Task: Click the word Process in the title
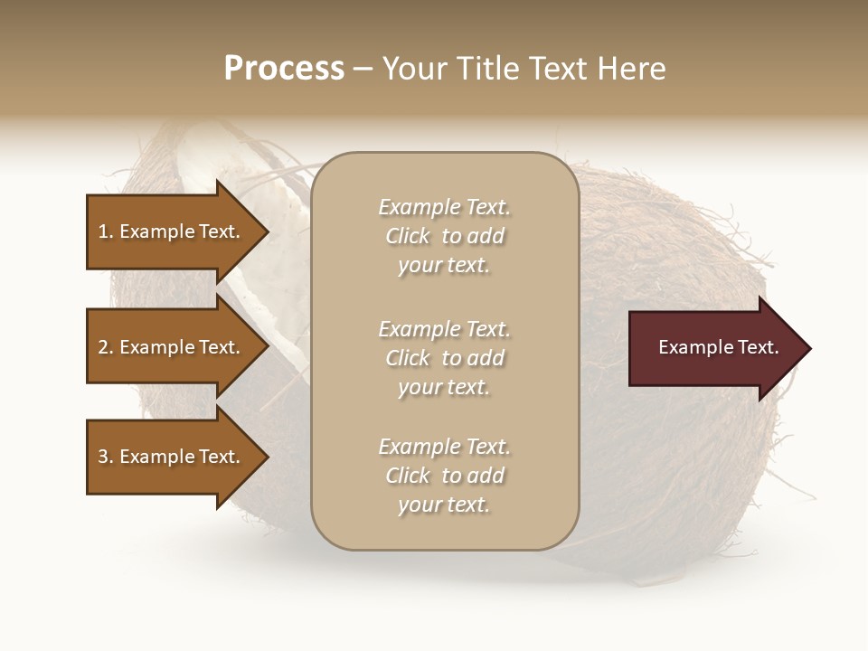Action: (x=284, y=69)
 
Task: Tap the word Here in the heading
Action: (x=629, y=69)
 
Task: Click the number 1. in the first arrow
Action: (x=106, y=231)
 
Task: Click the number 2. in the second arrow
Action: (x=106, y=347)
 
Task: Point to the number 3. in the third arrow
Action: (x=106, y=457)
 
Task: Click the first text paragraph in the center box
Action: (x=444, y=236)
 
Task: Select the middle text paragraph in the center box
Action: (x=444, y=358)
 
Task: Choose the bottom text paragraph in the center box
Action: (x=444, y=476)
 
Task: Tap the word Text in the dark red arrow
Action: (x=759, y=348)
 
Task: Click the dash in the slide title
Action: (x=363, y=69)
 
